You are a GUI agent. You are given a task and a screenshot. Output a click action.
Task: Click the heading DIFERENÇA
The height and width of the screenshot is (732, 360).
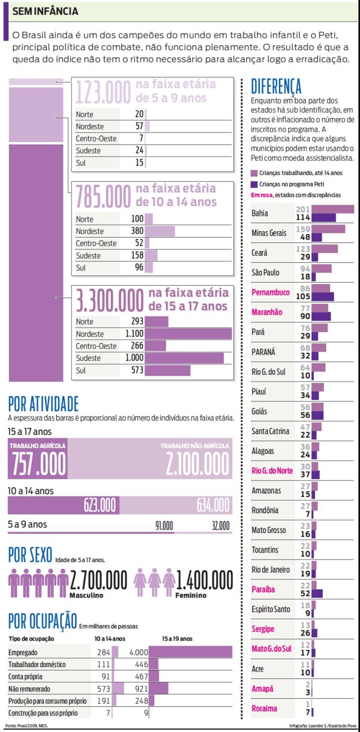(276, 86)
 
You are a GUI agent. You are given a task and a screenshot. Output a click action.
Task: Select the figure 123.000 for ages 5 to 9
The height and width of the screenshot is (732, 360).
(103, 92)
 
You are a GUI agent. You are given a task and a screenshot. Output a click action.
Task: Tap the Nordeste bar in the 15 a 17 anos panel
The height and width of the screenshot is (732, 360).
(188, 334)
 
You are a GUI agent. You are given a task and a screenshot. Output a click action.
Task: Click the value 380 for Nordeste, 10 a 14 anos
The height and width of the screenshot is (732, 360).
(137, 231)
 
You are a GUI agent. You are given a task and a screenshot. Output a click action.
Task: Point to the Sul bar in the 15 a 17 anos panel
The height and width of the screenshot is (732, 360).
(167, 370)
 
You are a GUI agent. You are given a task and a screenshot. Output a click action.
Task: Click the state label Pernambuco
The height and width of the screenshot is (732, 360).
(271, 292)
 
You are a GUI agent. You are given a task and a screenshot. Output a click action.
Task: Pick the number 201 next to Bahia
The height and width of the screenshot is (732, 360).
(303, 209)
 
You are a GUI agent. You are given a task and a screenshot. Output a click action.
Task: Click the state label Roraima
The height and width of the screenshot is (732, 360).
(265, 709)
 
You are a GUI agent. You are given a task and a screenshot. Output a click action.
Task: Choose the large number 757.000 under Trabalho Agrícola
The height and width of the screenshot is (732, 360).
(38, 464)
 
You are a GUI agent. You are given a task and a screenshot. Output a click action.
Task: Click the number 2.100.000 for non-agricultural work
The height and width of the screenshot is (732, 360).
(197, 464)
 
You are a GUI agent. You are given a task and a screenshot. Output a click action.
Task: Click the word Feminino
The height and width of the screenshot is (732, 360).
(191, 595)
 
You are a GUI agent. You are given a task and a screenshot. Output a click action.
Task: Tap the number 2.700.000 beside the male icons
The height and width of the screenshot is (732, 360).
(98, 580)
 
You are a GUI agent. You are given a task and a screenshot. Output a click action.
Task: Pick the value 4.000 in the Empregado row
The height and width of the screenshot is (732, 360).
(139, 652)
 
